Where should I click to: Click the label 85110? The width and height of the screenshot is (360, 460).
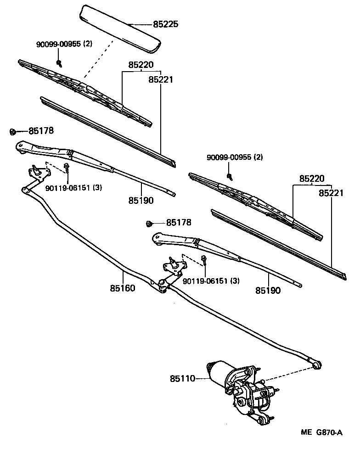tap(183, 379)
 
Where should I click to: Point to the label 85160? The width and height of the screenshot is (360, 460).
tap(123, 288)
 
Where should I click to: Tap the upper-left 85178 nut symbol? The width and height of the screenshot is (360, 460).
tap(13, 132)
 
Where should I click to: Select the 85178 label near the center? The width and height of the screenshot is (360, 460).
tap(179, 223)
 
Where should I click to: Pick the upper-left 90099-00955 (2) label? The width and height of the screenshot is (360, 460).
tap(64, 44)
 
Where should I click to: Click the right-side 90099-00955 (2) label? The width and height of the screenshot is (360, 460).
tap(235, 157)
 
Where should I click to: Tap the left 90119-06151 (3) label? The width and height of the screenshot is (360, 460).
tap(73, 187)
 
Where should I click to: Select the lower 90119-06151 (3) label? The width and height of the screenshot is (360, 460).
tap(211, 280)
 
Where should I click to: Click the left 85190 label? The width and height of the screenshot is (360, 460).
tap(141, 200)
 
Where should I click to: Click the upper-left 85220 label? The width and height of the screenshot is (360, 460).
tap(141, 65)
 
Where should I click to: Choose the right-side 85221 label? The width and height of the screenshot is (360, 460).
tap(331, 193)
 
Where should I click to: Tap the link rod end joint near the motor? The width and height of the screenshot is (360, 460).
tap(316, 364)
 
